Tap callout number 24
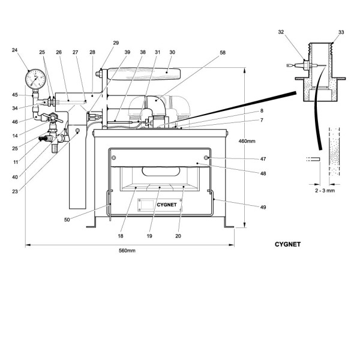point(14,50)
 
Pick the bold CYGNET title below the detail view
point(287,244)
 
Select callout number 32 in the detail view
point(281,32)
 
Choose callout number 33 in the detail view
point(341,32)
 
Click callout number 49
point(262,207)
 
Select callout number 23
point(14,191)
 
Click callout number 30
point(172,53)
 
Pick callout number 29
point(116,43)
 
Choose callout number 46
point(14,122)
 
